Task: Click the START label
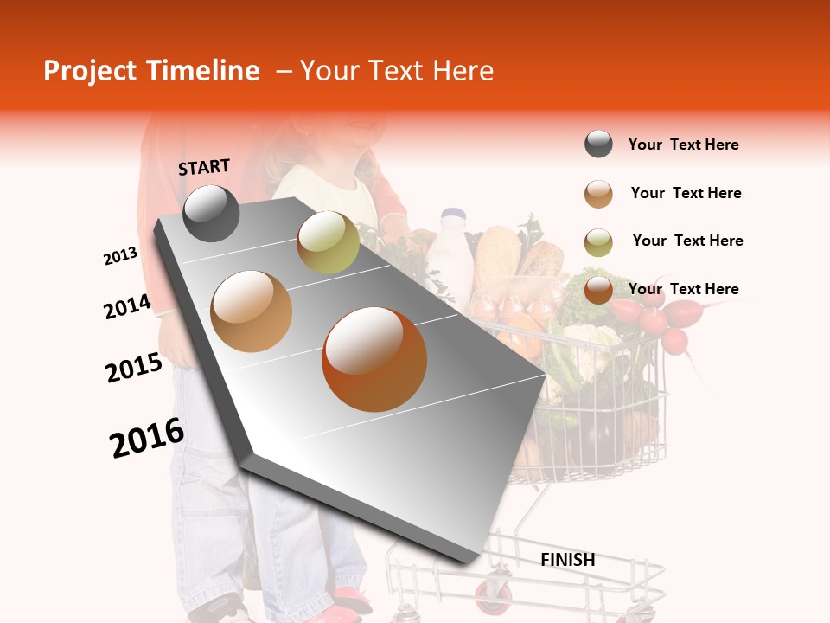pyautogui.click(x=204, y=167)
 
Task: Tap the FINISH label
pyautogui.click(x=567, y=560)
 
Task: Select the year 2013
pyautogui.click(x=121, y=256)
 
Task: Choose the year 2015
pyautogui.click(x=134, y=368)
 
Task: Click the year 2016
pyautogui.click(x=147, y=438)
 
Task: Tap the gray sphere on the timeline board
pyautogui.click(x=211, y=213)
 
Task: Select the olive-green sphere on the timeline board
pyautogui.click(x=328, y=241)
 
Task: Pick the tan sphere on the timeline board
pyautogui.click(x=252, y=311)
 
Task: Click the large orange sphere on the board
pyautogui.click(x=374, y=359)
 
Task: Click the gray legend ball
pyautogui.click(x=598, y=145)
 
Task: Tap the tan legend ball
pyautogui.click(x=598, y=194)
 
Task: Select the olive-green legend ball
pyautogui.click(x=598, y=242)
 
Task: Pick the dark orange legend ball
pyautogui.click(x=598, y=290)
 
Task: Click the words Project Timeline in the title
pyautogui.click(x=151, y=71)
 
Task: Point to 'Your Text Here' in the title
pyautogui.click(x=396, y=71)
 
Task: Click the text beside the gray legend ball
pyautogui.click(x=683, y=145)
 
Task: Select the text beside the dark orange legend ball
pyautogui.click(x=683, y=289)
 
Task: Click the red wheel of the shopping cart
pyautogui.click(x=492, y=596)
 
